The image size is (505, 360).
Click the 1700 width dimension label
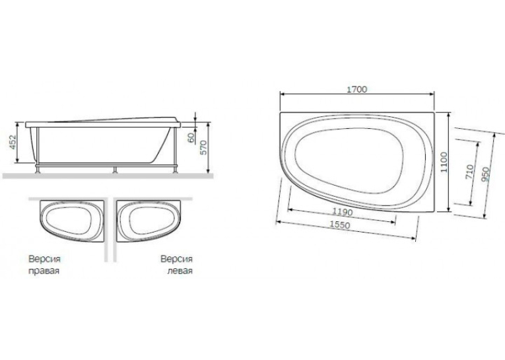[x=357, y=89]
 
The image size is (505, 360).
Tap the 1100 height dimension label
[x=444, y=162]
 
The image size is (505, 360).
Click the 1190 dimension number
[x=343, y=212]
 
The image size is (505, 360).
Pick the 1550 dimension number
[x=340, y=225]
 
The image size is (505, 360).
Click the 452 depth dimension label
[x=13, y=142]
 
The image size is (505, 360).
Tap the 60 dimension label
[x=191, y=137]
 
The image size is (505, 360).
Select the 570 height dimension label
[x=203, y=147]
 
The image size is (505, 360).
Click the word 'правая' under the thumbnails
[x=44, y=271]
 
